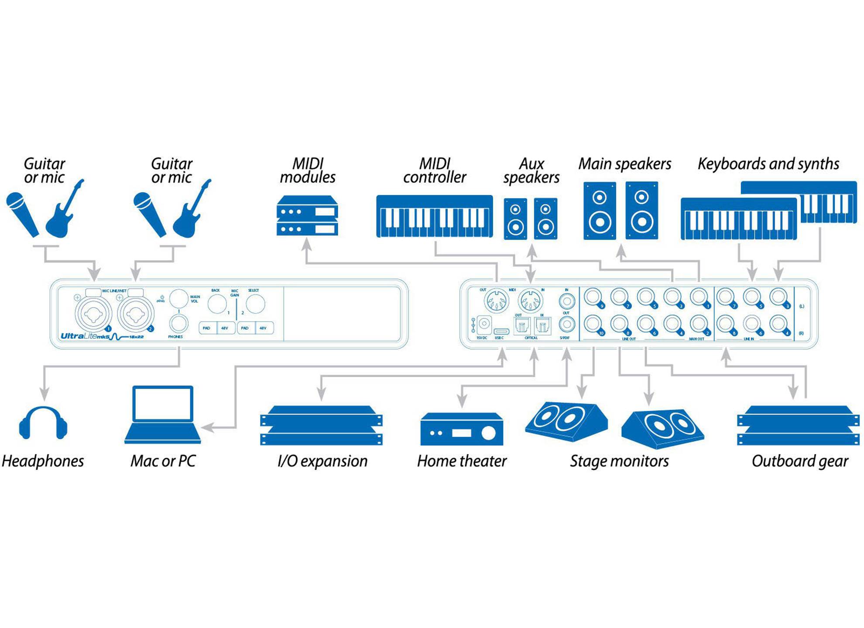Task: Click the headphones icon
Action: (x=43, y=423)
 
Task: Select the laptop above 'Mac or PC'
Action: (x=163, y=414)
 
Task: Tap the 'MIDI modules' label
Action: (x=308, y=171)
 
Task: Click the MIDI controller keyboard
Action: (x=435, y=216)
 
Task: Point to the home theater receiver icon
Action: (x=462, y=429)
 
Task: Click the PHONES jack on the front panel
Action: (x=178, y=324)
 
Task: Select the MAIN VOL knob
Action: (x=178, y=298)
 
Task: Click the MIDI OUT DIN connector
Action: (x=496, y=301)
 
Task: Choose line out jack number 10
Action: (x=593, y=324)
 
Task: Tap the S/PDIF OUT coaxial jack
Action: (x=566, y=324)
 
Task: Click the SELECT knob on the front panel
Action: (x=255, y=304)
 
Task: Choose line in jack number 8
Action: (x=725, y=324)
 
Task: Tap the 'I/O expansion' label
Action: (x=322, y=461)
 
